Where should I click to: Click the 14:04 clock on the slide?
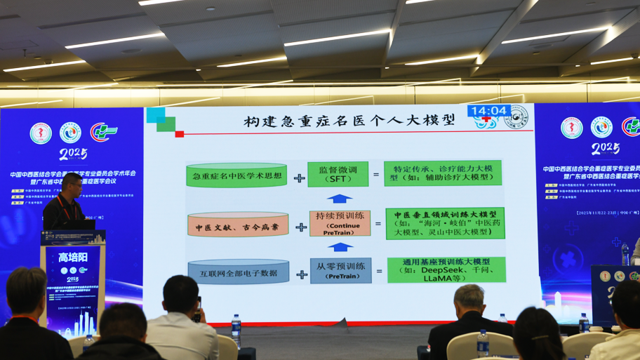click(x=488, y=111)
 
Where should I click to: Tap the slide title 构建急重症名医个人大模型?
click(x=349, y=121)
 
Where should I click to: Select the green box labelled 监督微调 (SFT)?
click(x=338, y=175)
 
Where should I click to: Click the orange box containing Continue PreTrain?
click(x=339, y=222)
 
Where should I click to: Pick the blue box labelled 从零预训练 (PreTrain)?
click(x=339, y=270)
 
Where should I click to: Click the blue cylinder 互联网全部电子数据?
click(x=239, y=272)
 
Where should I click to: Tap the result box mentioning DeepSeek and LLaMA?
click(x=446, y=270)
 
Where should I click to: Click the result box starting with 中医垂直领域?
click(x=446, y=222)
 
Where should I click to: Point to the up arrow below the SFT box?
click(x=339, y=199)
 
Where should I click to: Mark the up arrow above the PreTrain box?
click(x=339, y=247)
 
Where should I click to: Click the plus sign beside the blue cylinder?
click(x=301, y=274)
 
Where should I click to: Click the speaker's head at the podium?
click(x=70, y=184)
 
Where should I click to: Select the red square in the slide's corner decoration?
click(x=180, y=134)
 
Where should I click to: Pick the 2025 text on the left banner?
click(x=73, y=154)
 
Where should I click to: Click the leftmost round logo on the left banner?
click(x=41, y=133)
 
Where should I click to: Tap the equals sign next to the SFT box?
click(x=376, y=175)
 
